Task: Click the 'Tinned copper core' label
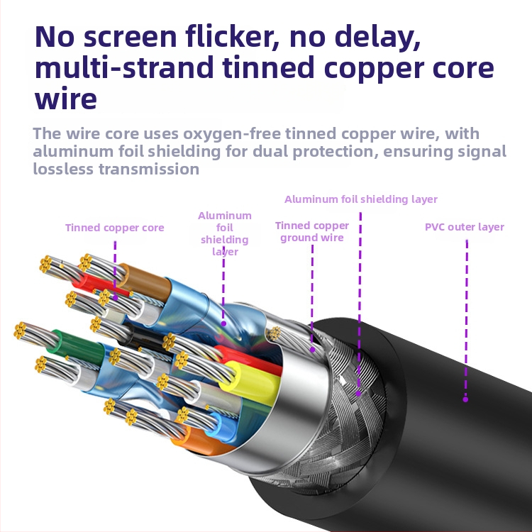click(114, 228)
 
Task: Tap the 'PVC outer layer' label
click(464, 227)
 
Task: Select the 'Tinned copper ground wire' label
click(312, 231)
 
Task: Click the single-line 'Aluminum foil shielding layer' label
click(361, 199)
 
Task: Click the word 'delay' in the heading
click(375, 37)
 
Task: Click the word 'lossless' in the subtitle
click(65, 169)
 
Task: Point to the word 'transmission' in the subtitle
click(150, 169)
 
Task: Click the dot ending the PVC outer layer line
click(465, 399)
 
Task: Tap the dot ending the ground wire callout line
click(312, 350)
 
